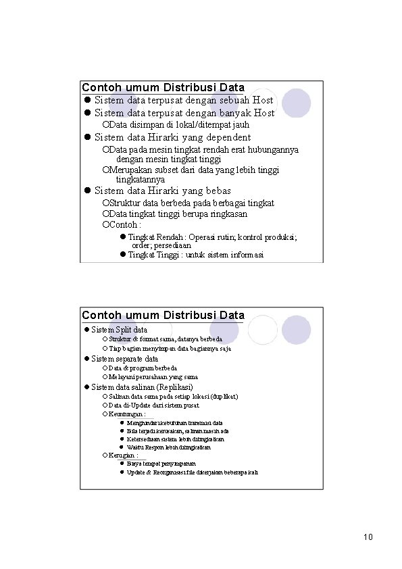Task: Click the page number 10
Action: click(368, 537)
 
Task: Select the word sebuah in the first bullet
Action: click(234, 100)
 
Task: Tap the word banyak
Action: click(234, 113)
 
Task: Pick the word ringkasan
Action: click(227, 214)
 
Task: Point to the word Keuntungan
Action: click(126, 414)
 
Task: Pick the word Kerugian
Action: click(123, 455)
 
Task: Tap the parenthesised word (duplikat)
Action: click(224, 396)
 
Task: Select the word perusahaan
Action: click(153, 376)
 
